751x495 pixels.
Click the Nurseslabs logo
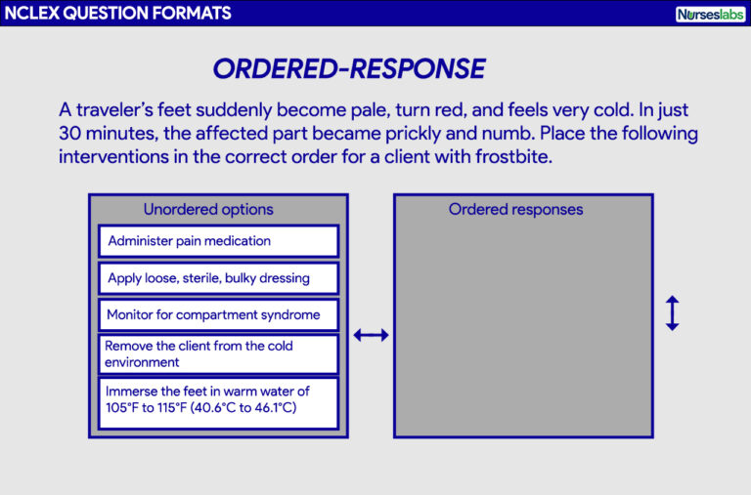[x=710, y=14]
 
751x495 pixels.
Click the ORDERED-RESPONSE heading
[x=348, y=68]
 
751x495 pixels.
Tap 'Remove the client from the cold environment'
[x=218, y=353]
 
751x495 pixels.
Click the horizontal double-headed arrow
[x=371, y=335]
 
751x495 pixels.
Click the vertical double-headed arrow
[x=672, y=312]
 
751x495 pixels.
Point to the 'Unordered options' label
[x=208, y=209]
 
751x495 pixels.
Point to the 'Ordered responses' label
[x=515, y=209]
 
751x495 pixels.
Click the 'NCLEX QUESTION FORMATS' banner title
[x=116, y=14]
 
